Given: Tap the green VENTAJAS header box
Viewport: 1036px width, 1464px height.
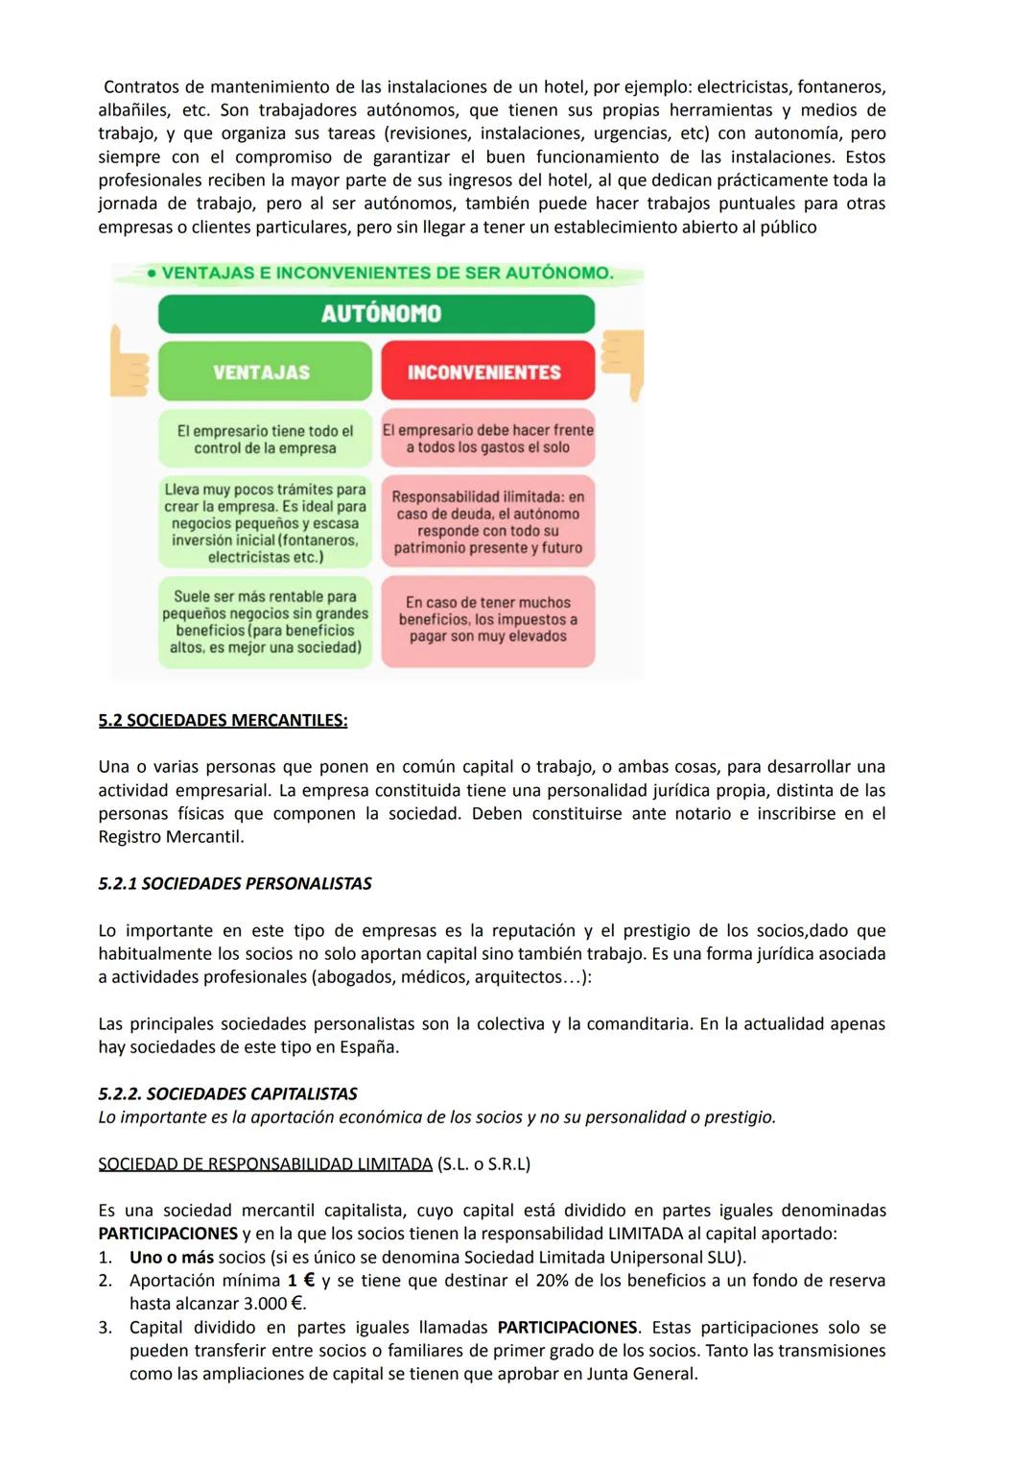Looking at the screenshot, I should click(264, 372).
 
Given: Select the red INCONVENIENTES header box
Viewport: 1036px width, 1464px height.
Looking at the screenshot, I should click(487, 372).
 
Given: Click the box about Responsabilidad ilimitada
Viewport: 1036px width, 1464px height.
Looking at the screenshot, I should click(487, 522).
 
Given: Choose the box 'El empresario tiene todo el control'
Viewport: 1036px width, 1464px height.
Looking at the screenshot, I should click(265, 440).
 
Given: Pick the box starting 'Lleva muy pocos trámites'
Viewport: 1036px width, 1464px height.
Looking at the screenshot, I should click(265, 522).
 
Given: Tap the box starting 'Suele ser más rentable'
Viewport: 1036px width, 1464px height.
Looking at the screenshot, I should click(265, 622).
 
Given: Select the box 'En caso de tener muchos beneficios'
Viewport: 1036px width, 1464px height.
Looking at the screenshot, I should click(487, 620).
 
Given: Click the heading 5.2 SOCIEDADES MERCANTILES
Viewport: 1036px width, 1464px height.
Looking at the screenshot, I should click(223, 721).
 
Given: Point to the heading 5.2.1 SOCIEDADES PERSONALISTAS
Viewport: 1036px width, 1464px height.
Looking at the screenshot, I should click(235, 884).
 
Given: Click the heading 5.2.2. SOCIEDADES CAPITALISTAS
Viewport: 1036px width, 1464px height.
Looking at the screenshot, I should click(228, 1094).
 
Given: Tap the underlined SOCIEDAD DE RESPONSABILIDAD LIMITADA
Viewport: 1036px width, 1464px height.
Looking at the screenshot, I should click(266, 1164).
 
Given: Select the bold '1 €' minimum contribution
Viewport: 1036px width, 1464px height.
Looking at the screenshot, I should click(301, 1281).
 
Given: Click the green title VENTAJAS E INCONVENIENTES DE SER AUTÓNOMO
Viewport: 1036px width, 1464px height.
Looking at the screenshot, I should click(387, 274).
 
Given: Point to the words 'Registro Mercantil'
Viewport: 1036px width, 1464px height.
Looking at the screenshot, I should click(170, 837).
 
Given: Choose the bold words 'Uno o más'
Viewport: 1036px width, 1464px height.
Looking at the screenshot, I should click(172, 1258).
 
